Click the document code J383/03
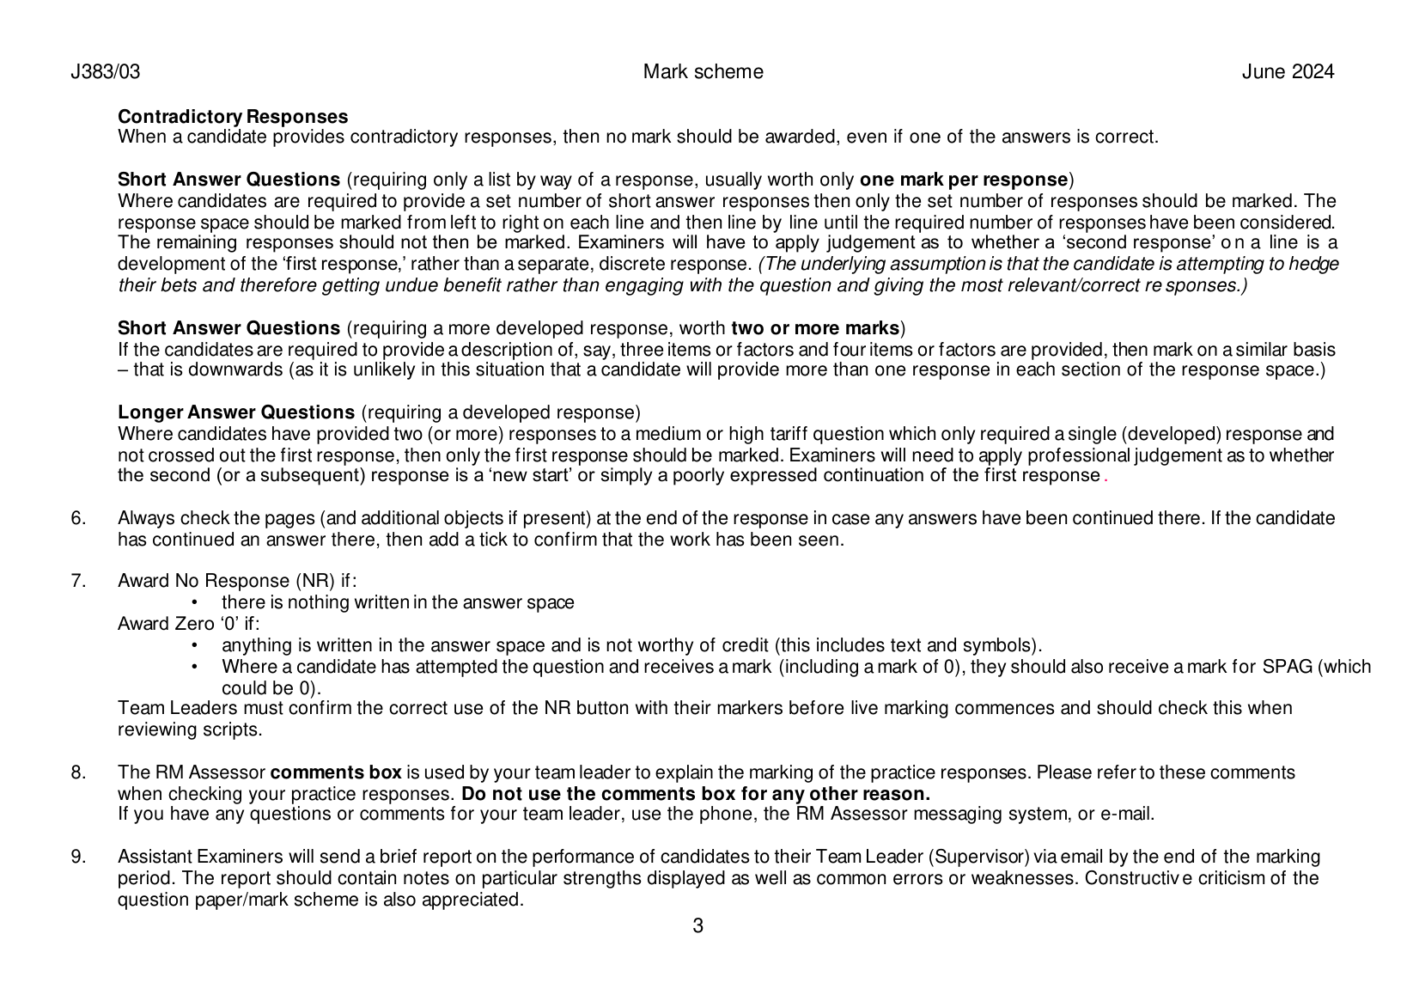(105, 72)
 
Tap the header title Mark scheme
(703, 72)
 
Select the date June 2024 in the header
(1288, 72)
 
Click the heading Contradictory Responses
(233, 117)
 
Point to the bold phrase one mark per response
(963, 180)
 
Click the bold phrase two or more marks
(814, 328)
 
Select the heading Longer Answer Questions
(236, 412)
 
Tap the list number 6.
(78, 518)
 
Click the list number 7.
(78, 581)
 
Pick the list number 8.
(78, 772)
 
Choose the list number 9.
(78, 857)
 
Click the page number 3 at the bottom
(697, 926)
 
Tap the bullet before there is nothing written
(196, 602)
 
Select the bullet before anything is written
(196, 645)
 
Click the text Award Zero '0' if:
(188, 624)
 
